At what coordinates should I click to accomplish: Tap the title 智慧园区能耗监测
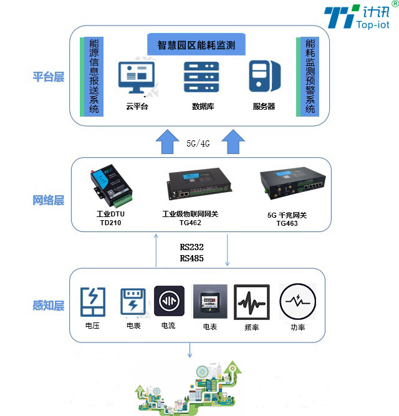point(196,45)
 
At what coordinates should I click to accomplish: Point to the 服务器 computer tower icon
point(264,76)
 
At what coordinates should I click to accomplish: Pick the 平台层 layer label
point(49,77)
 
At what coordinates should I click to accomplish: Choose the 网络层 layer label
point(49,200)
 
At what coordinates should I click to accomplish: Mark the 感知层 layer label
point(49,306)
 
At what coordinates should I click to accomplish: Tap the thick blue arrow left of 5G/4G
point(166,141)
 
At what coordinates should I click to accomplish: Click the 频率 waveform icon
point(252,302)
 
